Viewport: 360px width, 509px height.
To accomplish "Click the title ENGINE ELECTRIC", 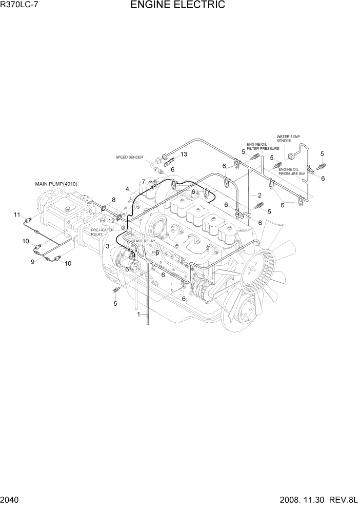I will point(177,6).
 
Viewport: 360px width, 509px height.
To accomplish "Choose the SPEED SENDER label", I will point(129,158).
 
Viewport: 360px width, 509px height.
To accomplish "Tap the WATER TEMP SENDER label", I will point(288,139).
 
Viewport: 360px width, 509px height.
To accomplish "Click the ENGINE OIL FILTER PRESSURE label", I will point(263,146).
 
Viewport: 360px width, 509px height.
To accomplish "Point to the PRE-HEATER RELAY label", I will point(102,232).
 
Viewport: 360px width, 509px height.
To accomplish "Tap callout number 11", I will point(17,214).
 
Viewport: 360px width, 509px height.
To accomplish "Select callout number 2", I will point(259,195).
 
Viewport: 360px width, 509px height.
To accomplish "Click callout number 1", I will point(138,315).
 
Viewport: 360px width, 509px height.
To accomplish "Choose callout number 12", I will point(111,221).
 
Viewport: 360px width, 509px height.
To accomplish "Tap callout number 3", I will point(107,246).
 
